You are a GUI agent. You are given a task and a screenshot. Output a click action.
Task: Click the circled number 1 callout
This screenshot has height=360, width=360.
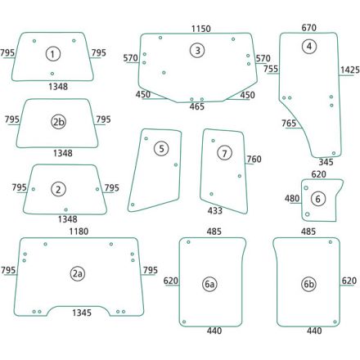pos(52,54)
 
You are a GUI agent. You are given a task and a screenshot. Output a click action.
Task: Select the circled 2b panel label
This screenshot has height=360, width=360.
pos(59,122)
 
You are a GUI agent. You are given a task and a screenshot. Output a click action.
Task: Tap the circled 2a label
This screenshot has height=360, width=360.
pos(78,273)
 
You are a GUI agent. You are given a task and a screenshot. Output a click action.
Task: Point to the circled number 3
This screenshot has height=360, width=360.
pos(197,51)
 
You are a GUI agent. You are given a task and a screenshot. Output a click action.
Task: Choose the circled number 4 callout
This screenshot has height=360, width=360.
pos(309,47)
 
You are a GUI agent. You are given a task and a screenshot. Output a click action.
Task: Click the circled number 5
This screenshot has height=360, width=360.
pos(161,149)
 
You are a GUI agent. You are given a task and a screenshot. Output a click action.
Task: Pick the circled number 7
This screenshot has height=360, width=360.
pos(224,153)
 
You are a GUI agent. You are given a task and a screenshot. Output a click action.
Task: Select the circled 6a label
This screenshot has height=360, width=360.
pos(209,284)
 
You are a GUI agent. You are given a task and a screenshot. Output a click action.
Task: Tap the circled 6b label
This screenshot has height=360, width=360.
pos(309,284)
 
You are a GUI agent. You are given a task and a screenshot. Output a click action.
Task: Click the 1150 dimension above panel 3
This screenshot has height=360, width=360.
pos(201,29)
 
